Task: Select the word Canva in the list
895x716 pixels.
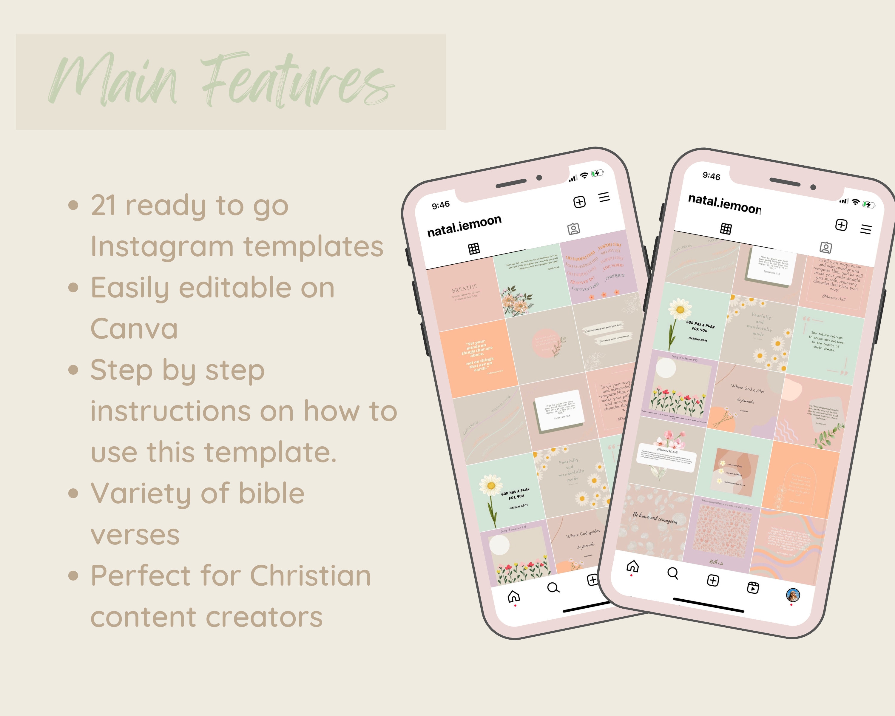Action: click(134, 329)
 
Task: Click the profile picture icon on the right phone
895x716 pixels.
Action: click(793, 595)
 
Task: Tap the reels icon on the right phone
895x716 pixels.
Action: click(753, 587)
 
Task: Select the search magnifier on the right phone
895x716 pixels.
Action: click(672, 573)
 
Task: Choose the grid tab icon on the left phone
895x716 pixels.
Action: click(474, 249)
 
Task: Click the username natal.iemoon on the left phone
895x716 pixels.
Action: click(464, 225)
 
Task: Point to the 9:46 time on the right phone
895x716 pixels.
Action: click(711, 176)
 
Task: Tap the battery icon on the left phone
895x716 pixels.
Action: click(597, 173)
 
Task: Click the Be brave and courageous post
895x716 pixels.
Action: click(655, 519)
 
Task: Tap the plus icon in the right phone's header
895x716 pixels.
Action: click(841, 225)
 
